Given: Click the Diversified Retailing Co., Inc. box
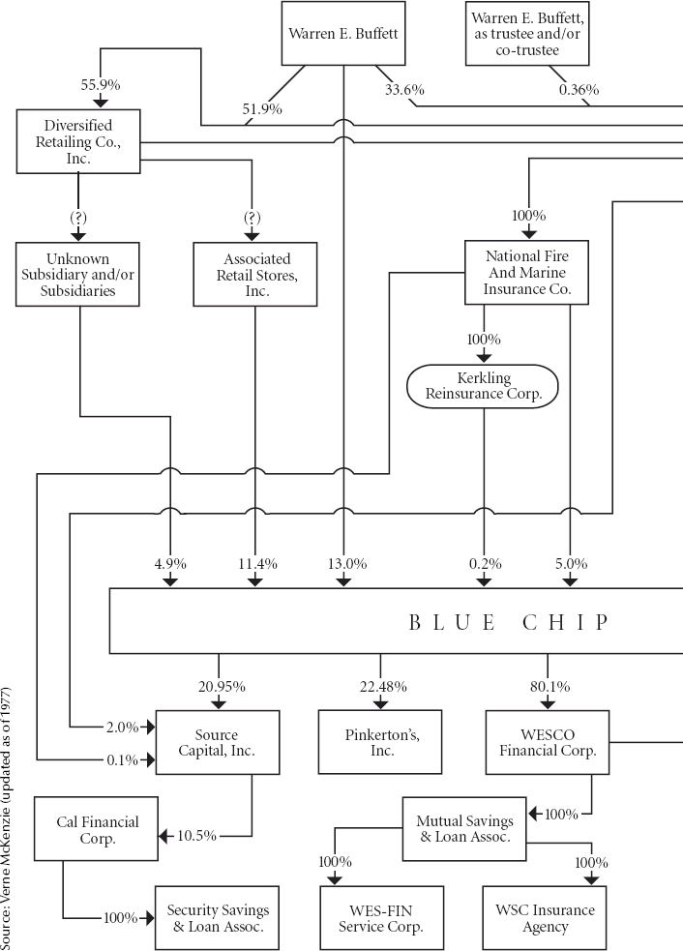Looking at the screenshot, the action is [x=78, y=141].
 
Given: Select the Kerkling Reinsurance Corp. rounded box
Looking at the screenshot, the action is [x=482, y=386].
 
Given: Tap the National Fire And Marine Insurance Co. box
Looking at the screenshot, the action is [x=526, y=272].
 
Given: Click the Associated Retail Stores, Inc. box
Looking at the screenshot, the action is [x=255, y=274].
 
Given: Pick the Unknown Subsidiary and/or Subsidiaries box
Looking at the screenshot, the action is [x=77, y=274].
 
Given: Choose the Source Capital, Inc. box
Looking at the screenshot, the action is [x=218, y=742].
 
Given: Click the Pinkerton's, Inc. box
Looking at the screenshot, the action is [x=380, y=742].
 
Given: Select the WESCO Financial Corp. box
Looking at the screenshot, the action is [x=548, y=742].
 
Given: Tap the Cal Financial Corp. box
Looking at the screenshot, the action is [x=97, y=829].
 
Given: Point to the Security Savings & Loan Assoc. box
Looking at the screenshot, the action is [x=217, y=918].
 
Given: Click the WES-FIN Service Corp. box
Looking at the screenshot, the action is [x=382, y=918].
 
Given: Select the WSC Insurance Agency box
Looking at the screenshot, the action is [x=545, y=918].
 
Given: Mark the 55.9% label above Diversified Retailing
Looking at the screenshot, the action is [x=101, y=85].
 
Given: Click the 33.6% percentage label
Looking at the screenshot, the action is [x=404, y=90].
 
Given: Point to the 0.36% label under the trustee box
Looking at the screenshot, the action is [x=579, y=90].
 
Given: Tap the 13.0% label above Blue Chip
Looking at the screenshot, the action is [x=347, y=564].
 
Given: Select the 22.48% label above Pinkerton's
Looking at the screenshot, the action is [x=383, y=687].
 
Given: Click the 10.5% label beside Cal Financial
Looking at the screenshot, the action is [x=196, y=836].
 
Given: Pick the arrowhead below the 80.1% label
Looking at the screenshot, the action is [x=548, y=703].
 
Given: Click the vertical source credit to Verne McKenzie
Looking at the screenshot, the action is [x=6, y=818].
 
